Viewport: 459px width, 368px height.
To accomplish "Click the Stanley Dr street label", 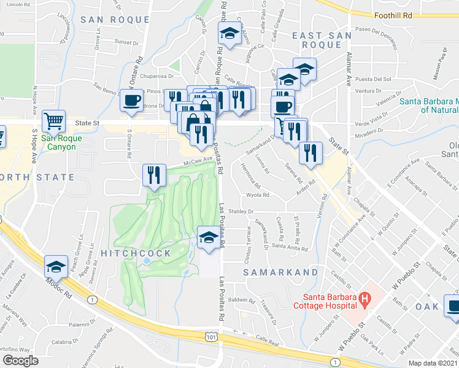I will point(241,212).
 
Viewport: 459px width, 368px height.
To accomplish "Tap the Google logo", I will point(20,360).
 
